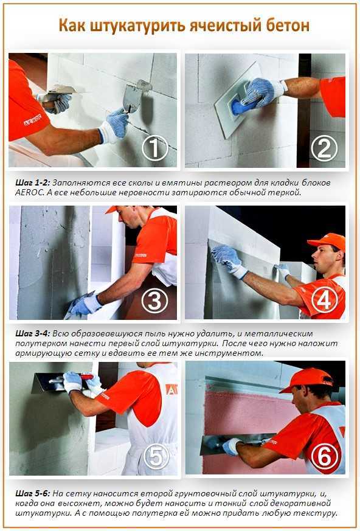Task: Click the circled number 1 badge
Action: tap(155, 148)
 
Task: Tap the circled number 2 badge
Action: tap(324, 148)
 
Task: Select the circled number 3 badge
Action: tap(155, 300)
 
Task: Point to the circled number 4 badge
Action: tap(324, 300)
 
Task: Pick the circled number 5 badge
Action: tap(156, 457)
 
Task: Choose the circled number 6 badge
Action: tap(324, 456)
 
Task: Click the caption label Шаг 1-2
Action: tap(32, 183)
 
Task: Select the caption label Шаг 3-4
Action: tap(32, 333)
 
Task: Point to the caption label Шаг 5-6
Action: tap(32, 493)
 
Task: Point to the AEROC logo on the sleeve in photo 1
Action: tap(33, 120)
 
